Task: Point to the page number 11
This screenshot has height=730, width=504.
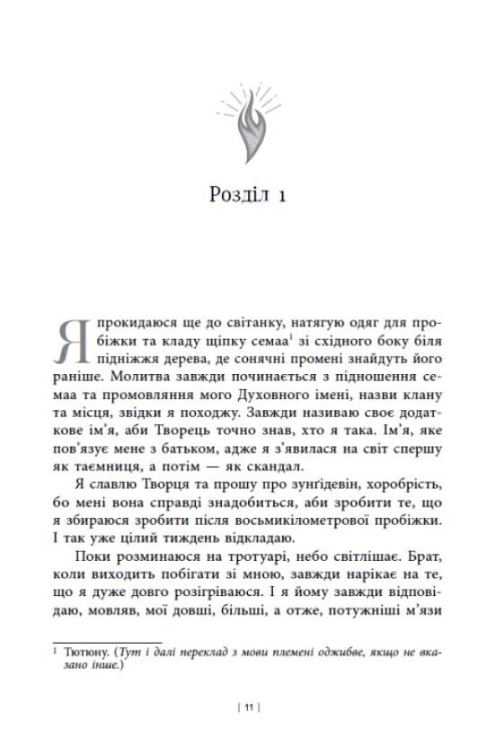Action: (252, 708)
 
